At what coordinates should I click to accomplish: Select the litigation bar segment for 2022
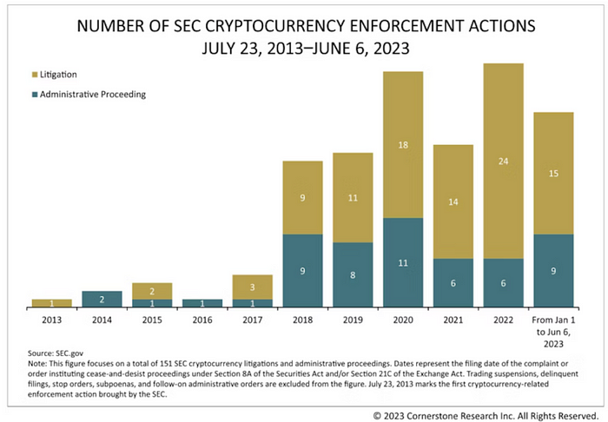click(x=503, y=161)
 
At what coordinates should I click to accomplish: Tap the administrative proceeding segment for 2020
click(x=403, y=262)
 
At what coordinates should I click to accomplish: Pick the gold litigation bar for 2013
click(x=52, y=303)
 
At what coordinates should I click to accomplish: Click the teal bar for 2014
click(x=102, y=299)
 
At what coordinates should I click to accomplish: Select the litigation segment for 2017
click(x=253, y=287)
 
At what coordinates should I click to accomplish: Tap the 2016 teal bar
click(x=202, y=303)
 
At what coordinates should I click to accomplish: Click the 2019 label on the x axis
click(x=353, y=319)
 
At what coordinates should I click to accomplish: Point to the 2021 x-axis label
click(x=453, y=319)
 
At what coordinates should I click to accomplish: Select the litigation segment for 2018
click(x=302, y=197)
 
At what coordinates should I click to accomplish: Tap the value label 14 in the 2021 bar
click(x=453, y=201)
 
